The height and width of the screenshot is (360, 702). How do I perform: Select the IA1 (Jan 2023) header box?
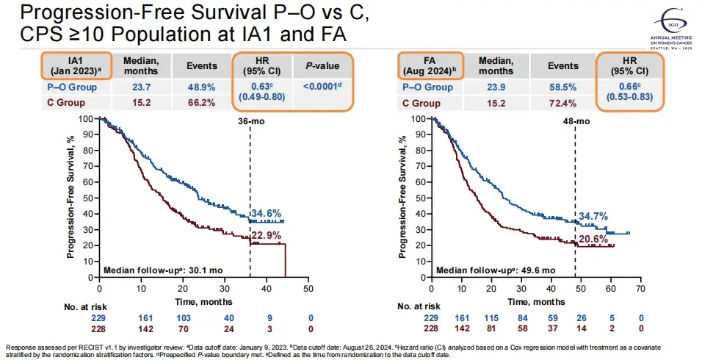point(76,65)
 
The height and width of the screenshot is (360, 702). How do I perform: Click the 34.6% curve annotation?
point(267,213)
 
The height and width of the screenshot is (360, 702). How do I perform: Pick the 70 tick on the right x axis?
point(641,289)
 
